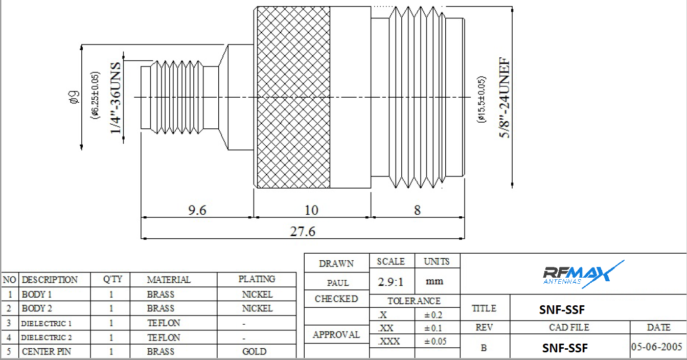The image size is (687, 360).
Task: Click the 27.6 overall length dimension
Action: (303, 231)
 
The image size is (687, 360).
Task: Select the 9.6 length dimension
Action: (197, 210)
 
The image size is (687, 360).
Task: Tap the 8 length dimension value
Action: (417, 210)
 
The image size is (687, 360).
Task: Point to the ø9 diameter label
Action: (74, 97)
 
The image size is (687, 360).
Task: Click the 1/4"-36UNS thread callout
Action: (116, 98)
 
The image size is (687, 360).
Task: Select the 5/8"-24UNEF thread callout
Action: (506, 98)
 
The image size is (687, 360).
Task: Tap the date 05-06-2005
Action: (657, 347)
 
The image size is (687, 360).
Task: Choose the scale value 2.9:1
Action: (391, 282)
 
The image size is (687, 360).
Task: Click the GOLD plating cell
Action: (254, 351)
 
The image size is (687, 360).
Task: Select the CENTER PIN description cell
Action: (47, 351)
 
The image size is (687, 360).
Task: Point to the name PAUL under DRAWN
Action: (337, 283)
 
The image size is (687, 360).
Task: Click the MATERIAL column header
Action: (169, 280)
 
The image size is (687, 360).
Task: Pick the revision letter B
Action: (484, 348)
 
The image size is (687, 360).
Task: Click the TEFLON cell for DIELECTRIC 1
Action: (164, 323)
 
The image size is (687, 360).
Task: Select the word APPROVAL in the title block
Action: (336, 334)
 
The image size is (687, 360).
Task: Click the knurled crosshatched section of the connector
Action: (293, 97)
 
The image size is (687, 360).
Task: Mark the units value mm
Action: (436, 281)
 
